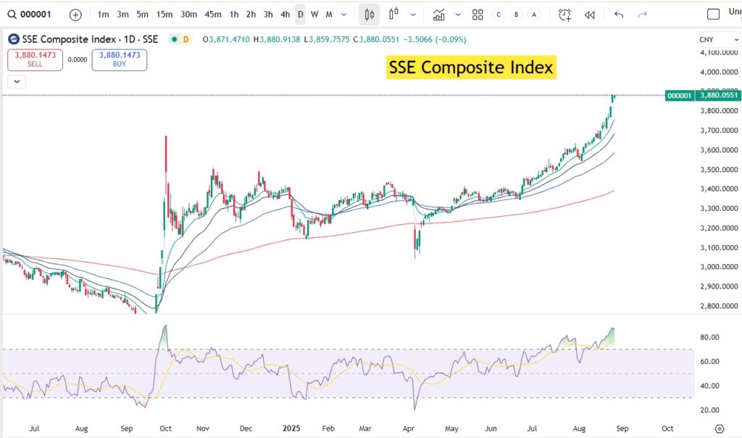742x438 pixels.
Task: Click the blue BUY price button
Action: [x=120, y=59]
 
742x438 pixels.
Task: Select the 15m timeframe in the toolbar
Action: [x=164, y=14]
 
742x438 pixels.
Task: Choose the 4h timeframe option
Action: [x=285, y=14]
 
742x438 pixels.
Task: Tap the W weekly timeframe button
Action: [x=314, y=14]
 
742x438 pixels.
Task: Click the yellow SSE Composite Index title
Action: [x=471, y=67]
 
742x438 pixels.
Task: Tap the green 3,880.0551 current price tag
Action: [x=719, y=95]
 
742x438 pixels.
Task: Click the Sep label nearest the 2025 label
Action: [x=127, y=429]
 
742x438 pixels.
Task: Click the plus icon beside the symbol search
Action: [x=75, y=14]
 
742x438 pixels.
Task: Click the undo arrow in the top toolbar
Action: [x=618, y=14]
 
